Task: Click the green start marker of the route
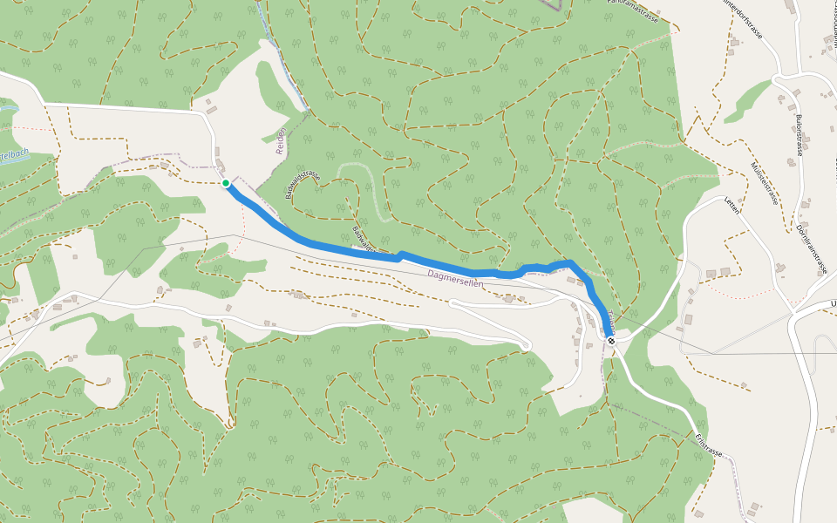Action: (x=226, y=183)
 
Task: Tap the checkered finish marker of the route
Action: (x=611, y=340)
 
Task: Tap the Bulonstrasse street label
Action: (x=798, y=135)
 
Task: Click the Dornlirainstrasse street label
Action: (x=812, y=249)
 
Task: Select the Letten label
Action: (x=732, y=205)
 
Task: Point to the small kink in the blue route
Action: (x=399, y=256)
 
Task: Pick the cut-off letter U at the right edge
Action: (x=833, y=303)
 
